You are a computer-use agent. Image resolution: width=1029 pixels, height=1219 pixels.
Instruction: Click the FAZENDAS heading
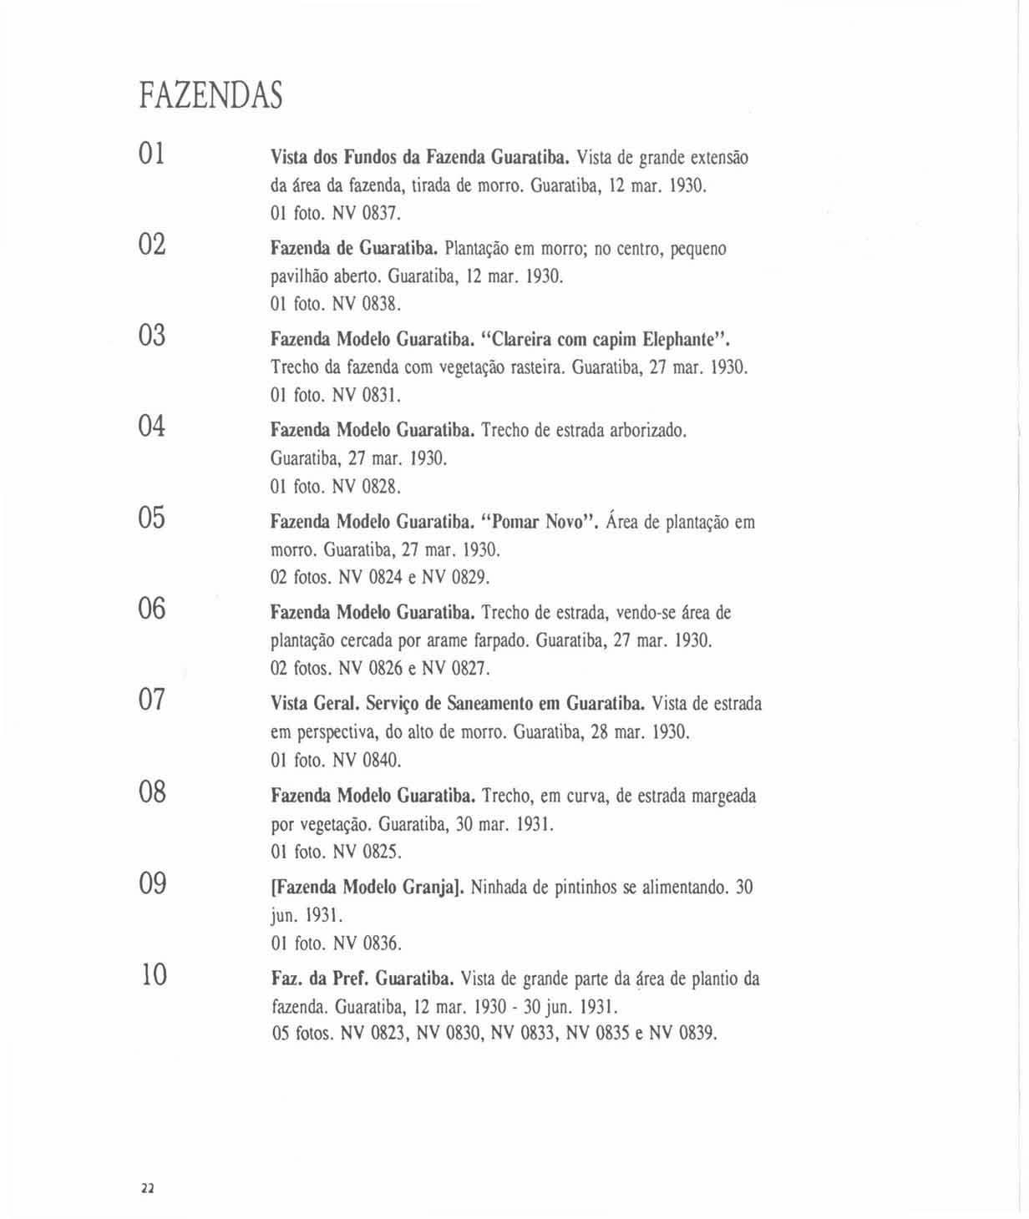[x=210, y=95]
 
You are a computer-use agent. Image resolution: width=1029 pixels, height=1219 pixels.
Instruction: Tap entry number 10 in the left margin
[x=153, y=974]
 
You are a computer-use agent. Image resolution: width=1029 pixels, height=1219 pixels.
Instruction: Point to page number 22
[x=148, y=1188]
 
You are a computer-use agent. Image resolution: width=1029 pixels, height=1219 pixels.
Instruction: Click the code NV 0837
[x=367, y=213]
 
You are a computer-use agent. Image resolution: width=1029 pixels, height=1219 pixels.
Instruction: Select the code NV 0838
[x=367, y=304]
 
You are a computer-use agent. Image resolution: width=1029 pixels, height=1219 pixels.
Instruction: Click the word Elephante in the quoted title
[x=681, y=340]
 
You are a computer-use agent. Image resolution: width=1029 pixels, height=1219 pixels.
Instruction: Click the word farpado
[x=499, y=641]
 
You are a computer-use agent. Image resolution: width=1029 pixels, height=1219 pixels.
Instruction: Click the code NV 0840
[x=367, y=760]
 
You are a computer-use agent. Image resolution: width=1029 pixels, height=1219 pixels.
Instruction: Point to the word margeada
[x=723, y=796]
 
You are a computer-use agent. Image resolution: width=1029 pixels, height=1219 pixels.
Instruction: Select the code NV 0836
[x=367, y=943]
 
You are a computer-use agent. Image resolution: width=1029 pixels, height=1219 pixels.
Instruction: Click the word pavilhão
[x=296, y=276]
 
